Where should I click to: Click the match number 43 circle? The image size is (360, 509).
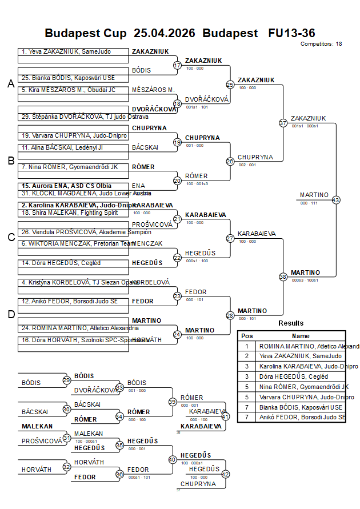[x=336, y=200]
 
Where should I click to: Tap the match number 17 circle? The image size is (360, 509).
[x=177, y=66]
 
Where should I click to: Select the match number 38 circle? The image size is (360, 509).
[x=283, y=276]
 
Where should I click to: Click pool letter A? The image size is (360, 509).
[x=10, y=84]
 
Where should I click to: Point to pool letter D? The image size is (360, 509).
[x=10, y=314]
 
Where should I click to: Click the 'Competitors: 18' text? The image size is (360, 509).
[x=321, y=43]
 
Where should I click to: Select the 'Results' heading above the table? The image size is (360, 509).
[x=291, y=323]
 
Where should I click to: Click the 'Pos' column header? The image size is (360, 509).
[x=247, y=336]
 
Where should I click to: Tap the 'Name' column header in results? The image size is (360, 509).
[x=301, y=336]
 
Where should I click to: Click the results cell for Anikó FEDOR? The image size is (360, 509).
[x=302, y=418]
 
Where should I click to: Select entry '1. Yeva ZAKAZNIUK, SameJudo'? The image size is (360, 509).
[x=66, y=51]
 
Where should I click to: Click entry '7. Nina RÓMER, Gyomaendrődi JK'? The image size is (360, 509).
[x=70, y=167]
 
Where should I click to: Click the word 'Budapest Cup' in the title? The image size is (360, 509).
[x=86, y=33]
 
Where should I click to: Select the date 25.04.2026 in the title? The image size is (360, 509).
[x=165, y=33]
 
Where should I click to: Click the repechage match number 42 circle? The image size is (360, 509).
[x=225, y=474]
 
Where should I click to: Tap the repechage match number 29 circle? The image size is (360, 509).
[x=66, y=380]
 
